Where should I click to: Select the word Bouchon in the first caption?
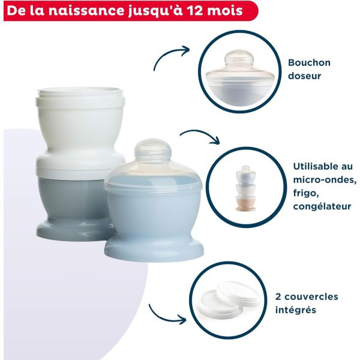pos(308,62)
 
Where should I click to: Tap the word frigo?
pos(306,193)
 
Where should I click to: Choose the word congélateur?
pos(322,207)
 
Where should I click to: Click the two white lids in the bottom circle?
pos(231,297)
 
